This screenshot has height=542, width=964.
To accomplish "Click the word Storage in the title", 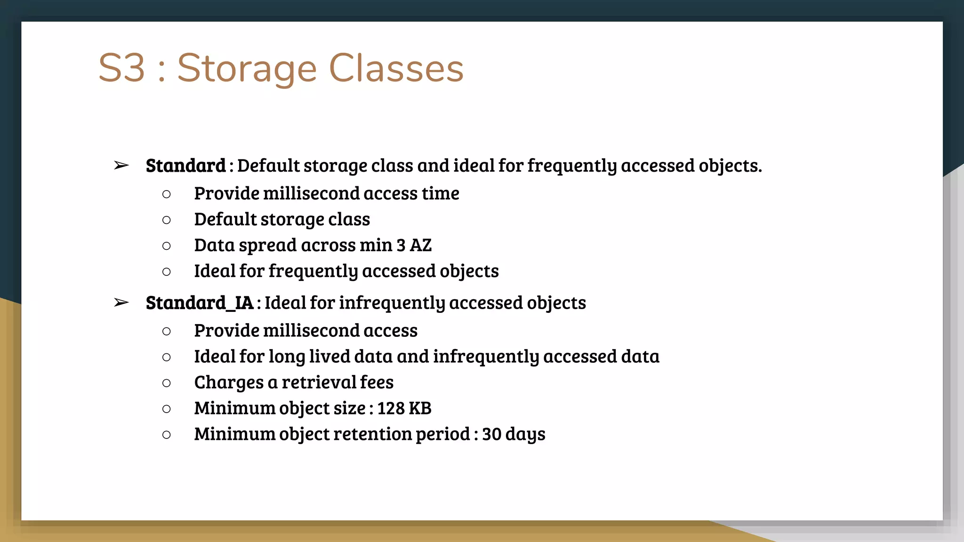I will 247,69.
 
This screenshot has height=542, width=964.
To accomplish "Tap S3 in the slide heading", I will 121,69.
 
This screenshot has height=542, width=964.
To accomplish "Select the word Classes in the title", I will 396,69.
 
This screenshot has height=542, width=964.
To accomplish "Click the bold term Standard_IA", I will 200,303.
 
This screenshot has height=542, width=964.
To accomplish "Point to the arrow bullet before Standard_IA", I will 121,303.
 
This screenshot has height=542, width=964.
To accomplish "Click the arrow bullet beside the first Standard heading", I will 121,166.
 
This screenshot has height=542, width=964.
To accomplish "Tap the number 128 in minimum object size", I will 390,408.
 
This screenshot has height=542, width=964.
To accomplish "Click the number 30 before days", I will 491,434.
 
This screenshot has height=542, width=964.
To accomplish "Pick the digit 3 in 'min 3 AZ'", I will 401,245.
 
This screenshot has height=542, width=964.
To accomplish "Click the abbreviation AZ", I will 420,245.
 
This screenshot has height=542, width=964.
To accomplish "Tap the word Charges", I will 229,383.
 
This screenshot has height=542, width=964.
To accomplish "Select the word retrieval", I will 318,383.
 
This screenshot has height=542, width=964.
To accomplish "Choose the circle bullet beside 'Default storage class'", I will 166,220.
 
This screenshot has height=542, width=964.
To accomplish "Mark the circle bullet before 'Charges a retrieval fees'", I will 166,383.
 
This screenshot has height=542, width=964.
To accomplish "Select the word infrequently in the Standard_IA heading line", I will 392,303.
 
